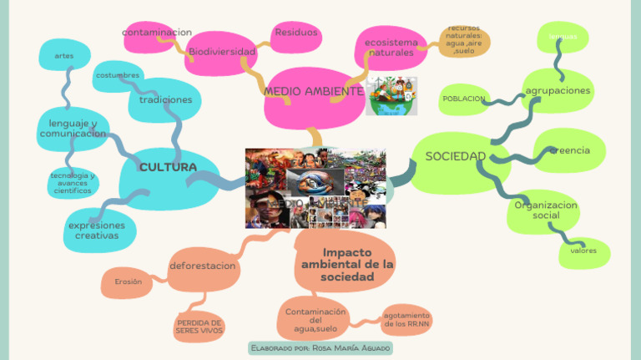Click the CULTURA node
[168, 168]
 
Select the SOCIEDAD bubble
[456, 157]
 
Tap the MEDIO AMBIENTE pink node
[313, 92]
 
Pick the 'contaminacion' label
[156, 33]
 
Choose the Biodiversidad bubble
[221, 52]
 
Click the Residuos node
[295, 33]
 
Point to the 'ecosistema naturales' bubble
[391, 47]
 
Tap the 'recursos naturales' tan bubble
[464, 40]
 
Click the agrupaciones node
[558, 90]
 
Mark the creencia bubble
[569, 150]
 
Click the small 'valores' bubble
[583, 251]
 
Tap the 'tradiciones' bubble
[165, 99]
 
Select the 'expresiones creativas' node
[97, 231]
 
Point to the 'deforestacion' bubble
[203, 266]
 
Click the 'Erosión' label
[128, 282]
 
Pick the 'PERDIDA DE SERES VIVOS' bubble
[199, 326]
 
